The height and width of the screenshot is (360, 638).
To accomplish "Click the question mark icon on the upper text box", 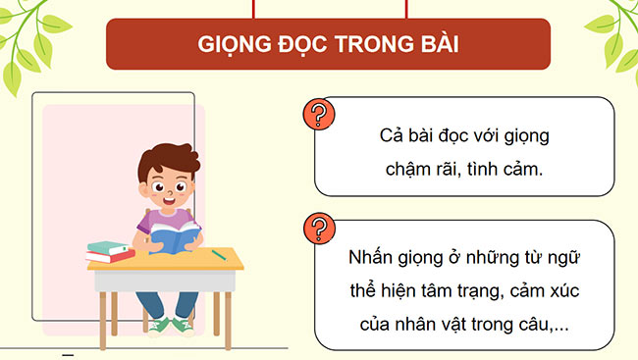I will click(x=316, y=114).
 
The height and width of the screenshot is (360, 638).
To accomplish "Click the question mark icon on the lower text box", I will click(x=316, y=230).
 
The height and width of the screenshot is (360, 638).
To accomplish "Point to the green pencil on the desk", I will click(x=218, y=254).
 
